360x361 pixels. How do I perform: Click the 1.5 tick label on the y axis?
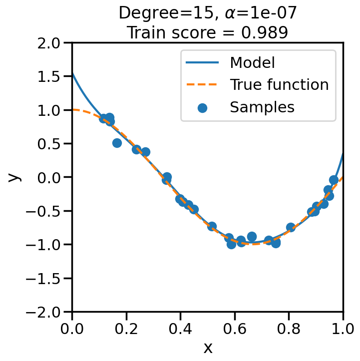pos(50,76)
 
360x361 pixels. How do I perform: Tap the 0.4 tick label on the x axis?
pos(180,329)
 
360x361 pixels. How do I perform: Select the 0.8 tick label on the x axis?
pos(289,329)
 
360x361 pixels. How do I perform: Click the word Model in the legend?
pos(252,63)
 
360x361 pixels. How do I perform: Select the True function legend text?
pos(279,85)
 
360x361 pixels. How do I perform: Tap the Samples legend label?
pos(262,107)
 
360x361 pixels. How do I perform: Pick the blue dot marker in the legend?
pos(203,107)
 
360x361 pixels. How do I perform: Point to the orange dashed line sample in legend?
pos(203,85)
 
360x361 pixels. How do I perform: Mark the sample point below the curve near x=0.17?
pos(117,143)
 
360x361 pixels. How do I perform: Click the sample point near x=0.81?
pos(291,227)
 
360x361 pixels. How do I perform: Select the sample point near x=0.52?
pos(212,226)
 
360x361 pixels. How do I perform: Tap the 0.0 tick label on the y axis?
pos(50,177)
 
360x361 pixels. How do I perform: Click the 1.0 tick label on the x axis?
pos(343,329)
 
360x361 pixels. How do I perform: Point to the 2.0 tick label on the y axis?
pos(50,43)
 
